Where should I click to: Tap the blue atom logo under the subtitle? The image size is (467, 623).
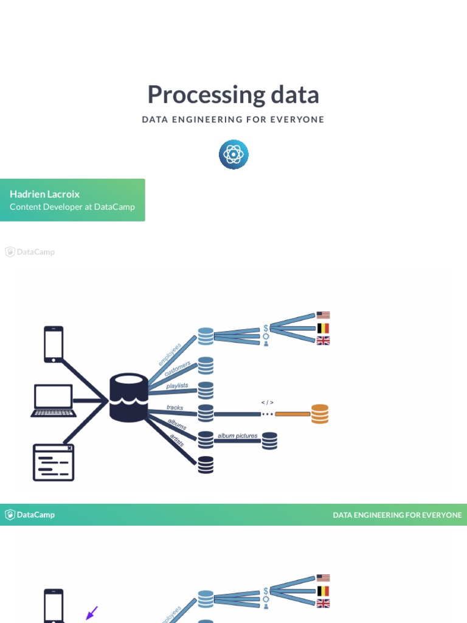pyautogui.click(x=233, y=155)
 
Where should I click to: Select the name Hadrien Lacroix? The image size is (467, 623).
pyautogui.click(x=44, y=194)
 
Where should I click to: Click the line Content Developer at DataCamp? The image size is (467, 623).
pyautogui.click(x=72, y=207)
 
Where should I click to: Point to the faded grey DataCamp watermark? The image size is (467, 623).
pyautogui.click(x=30, y=252)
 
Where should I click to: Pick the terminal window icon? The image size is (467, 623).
pyautogui.click(x=54, y=462)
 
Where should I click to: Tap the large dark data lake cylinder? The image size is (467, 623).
pyautogui.click(x=129, y=398)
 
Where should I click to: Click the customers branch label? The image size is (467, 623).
pyautogui.click(x=178, y=368)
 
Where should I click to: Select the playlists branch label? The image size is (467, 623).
pyautogui.click(x=176, y=386)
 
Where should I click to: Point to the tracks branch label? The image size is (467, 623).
pyautogui.click(x=175, y=408)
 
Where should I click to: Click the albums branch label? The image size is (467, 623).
pyautogui.click(x=176, y=424)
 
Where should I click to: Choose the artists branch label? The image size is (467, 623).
pyautogui.click(x=177, y=439)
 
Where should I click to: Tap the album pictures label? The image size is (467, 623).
pyautogui.click(x=237, y=436)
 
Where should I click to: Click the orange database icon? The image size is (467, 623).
pyautogui.click(x=320, y=414)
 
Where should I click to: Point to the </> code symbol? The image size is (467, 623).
pyautogui.click(x=268, y=402)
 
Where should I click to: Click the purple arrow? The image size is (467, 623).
pyautogui.click(x=91, y=612)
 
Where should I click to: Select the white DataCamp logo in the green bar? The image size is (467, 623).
pyautogui.click(x=30, y=515)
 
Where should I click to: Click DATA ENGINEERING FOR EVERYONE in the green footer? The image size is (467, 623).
pyautogui.click(x=397, y=515)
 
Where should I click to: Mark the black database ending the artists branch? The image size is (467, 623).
pyautogui.click(x=206, y=465)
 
